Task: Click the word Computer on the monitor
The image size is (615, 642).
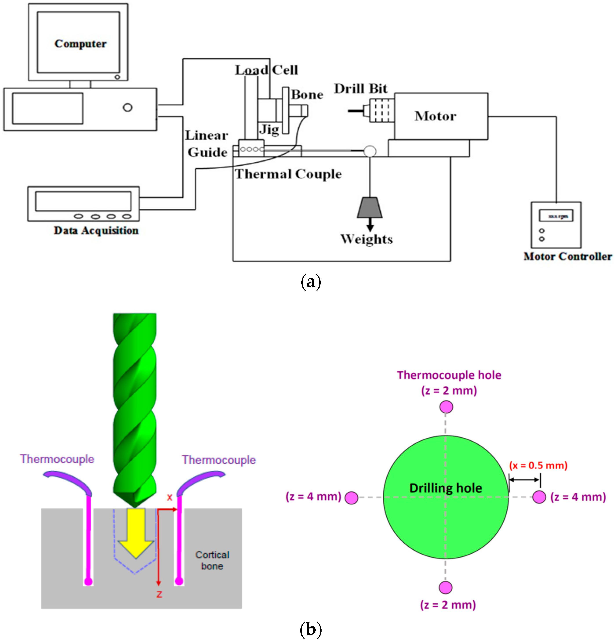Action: (80, 44)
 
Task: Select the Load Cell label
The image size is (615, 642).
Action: (266, 70)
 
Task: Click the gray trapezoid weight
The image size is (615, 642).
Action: (369, 207)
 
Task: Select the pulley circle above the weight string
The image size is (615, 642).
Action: (370, 151)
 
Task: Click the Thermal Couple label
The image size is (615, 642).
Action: (288, 174)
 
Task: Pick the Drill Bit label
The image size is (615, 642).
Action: (360, 89)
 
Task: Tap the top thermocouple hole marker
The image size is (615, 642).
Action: (446, 407)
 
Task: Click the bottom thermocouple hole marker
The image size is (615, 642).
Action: (445, 587)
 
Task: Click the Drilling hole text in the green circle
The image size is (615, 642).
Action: (445, 488)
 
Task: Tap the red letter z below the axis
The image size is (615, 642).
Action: (159, 594)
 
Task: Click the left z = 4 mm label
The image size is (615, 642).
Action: (313, 497)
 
